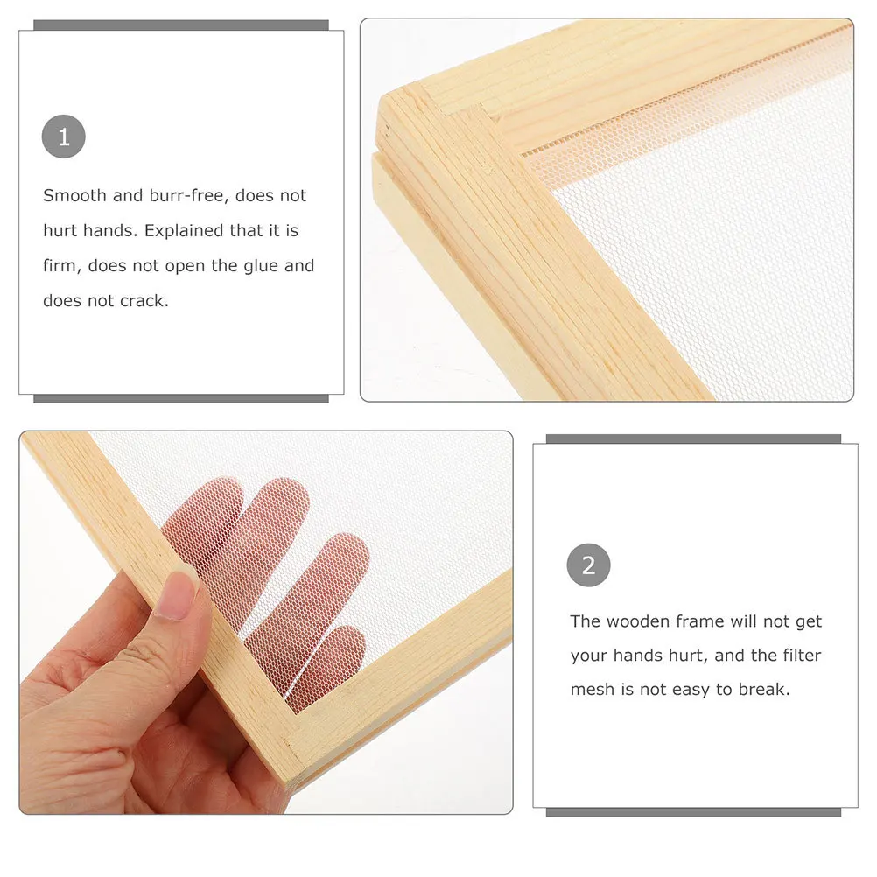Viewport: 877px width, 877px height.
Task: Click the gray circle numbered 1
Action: (x=63, y=137)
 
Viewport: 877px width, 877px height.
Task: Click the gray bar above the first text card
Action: (x=181, y=25)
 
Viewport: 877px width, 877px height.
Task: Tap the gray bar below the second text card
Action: (x=693, y=812)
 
